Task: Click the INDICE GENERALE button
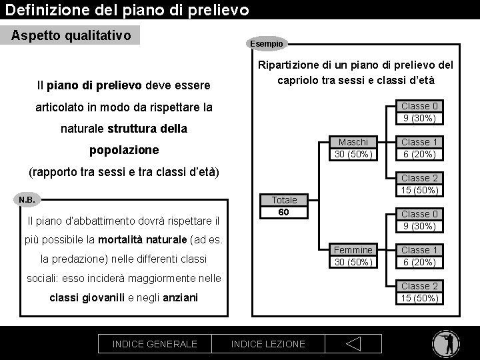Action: click(x=155, y=343)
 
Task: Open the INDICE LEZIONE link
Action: click(x=267, y=343)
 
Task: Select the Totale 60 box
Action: click(x=284, y=207)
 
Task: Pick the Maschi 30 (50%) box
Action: click(x=353, y=148)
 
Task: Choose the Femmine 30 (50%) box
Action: click(x=353, y=256)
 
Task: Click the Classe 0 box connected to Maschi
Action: click(x=419, y=112)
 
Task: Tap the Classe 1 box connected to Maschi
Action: click(x=419, y=148)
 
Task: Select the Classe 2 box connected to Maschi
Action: click(x=419, y=184)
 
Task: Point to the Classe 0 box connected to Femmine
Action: click(x=419, y=220)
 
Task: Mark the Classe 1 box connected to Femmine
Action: click(x=419, y=256)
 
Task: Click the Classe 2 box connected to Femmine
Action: click(x=419, y=292)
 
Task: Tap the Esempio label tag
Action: click(x=267, y=43)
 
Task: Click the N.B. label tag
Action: click(x=27, y=199)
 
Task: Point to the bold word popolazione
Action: click(x=124, y=149)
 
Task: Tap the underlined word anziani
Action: click(x=180, y=297)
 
